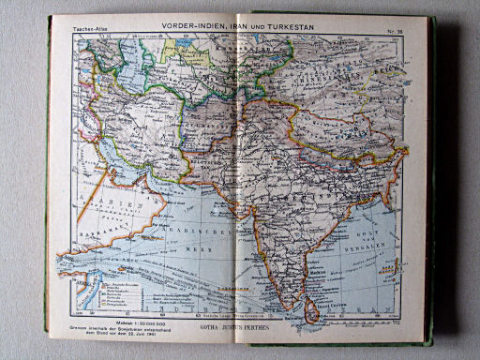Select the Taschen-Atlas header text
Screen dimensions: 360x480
[87, 31]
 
